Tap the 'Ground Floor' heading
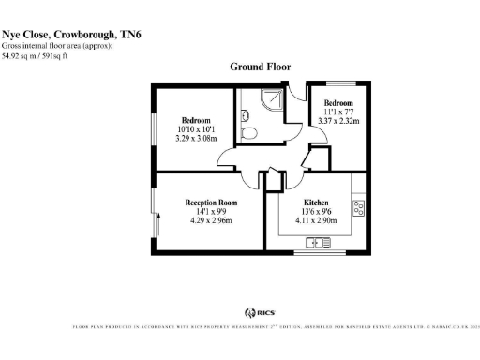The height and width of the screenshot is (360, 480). [x=261, y=67]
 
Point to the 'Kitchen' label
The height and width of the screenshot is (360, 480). [x=315, y=202]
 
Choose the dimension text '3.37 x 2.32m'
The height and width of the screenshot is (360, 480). [x=338, y=120]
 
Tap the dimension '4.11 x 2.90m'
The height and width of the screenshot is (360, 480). [x=315, y=221]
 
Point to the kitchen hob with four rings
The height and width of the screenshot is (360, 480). [x=357, y=206]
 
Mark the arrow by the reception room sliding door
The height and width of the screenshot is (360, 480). [x=158, y=226]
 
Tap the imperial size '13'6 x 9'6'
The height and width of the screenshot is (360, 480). [x=315, y=212]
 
